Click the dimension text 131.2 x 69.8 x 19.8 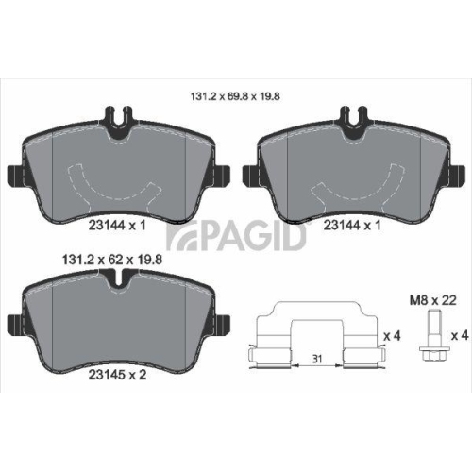click(235, 94)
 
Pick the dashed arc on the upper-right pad click(352, 186)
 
